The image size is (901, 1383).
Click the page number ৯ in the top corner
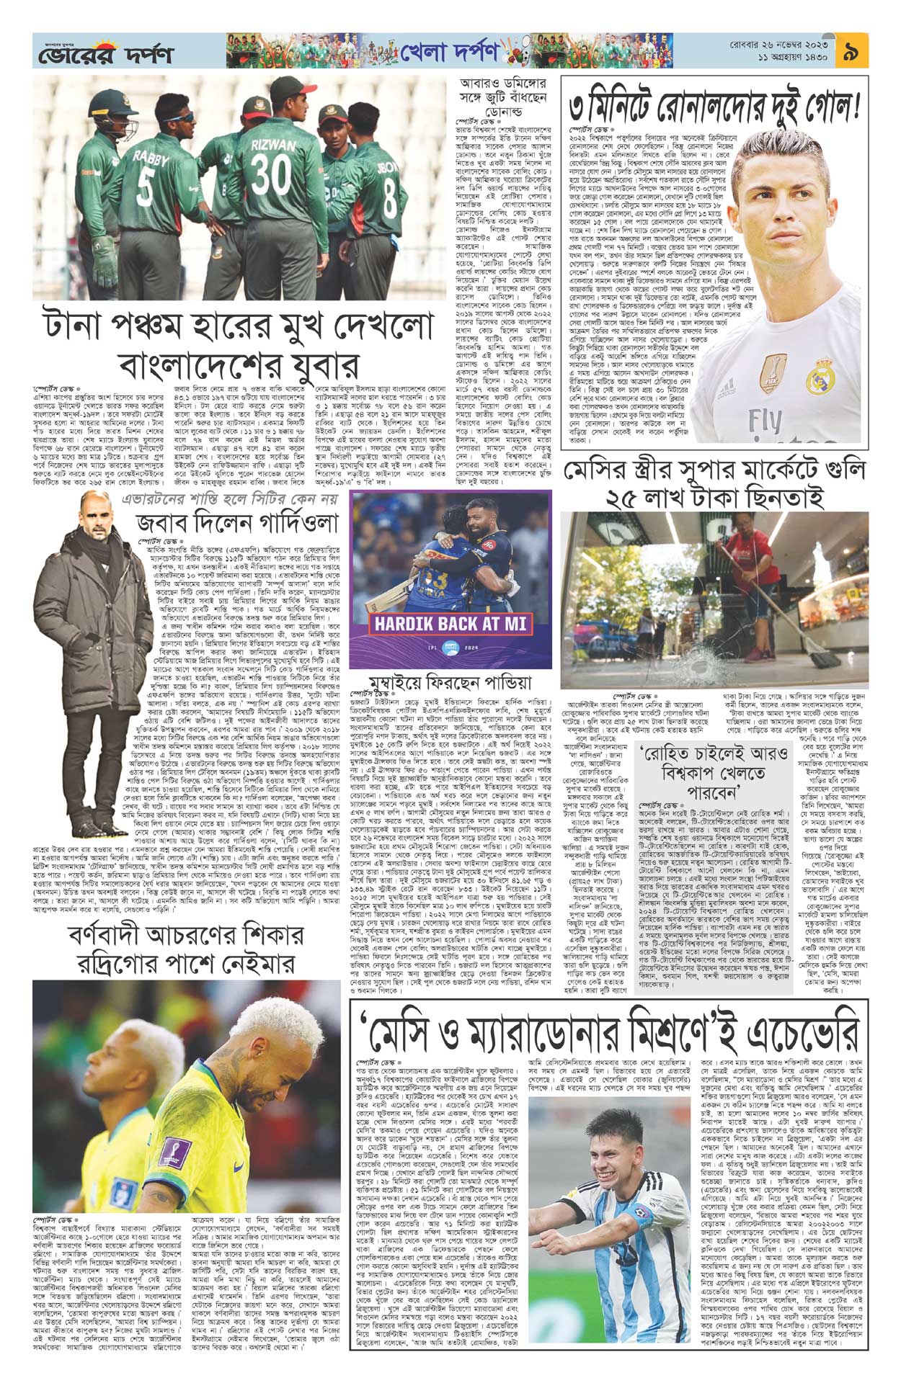coord(852,51)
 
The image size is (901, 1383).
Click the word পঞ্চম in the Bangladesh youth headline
coord(196,325)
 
